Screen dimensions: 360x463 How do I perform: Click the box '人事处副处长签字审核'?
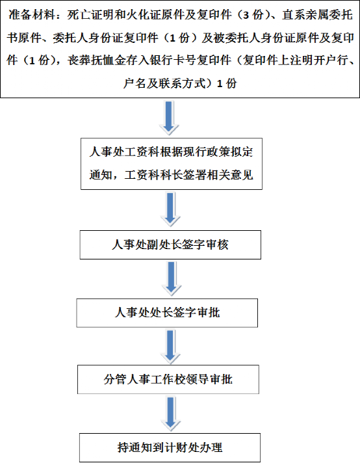tap(170, 245)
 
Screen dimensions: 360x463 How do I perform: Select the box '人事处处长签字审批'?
tap(167, 313)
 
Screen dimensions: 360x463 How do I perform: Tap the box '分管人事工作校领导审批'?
tap(168, 379)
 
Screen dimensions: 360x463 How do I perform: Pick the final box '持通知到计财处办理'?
tap(170, 447)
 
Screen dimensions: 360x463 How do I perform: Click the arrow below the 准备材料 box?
tap(169, 118)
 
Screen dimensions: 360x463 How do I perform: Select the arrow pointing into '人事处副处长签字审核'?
tap(170, 209)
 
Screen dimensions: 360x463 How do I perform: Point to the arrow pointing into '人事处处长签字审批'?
tap(172, 279)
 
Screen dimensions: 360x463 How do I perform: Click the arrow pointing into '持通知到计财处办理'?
tap(171, 414)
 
